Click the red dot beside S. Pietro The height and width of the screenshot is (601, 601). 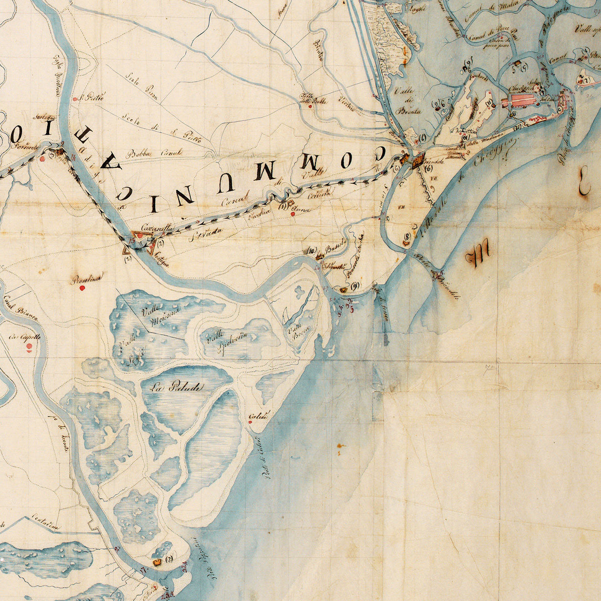[x=74, y=99]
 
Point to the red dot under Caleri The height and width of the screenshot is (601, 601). [x=250, y=422]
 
